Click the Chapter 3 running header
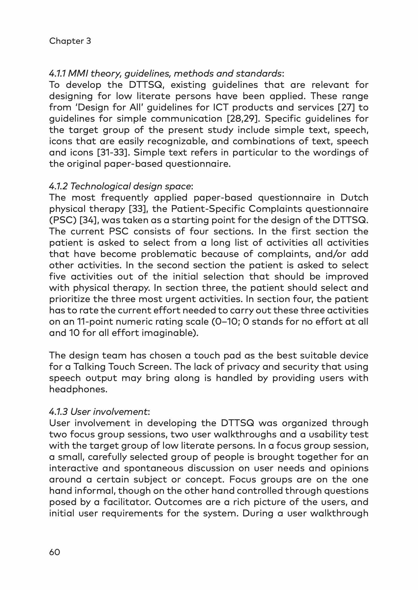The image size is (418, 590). [x=70, y=41]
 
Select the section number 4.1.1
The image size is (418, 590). [x=57, y=74]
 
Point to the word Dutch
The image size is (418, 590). [x=354, y=198]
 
